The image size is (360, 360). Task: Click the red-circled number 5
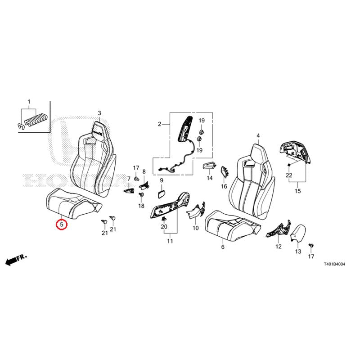[62, 224]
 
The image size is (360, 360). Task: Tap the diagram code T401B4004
[334, 265]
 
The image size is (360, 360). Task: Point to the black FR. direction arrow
[16, 260]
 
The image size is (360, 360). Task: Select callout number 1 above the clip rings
[29, 102]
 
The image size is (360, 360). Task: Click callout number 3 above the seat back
[99, 113]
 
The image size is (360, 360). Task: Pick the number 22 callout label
[289, 175]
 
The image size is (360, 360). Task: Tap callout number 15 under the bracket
[297, 191]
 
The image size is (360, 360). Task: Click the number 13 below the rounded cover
[298, 252]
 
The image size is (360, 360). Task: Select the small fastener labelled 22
[289, 165]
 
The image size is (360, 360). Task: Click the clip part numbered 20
[164, 218]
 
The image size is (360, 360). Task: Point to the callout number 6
[223, 247]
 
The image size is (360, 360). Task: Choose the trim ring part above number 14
[209, 166]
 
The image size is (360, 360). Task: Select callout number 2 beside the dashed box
[160, 124]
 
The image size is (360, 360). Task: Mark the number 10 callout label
[196, 228]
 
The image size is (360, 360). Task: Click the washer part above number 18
[141, 195]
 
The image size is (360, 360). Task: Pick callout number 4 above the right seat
[258, 136]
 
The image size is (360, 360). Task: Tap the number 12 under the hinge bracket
[279, 247]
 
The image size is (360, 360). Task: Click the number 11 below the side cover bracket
[170, 241]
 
